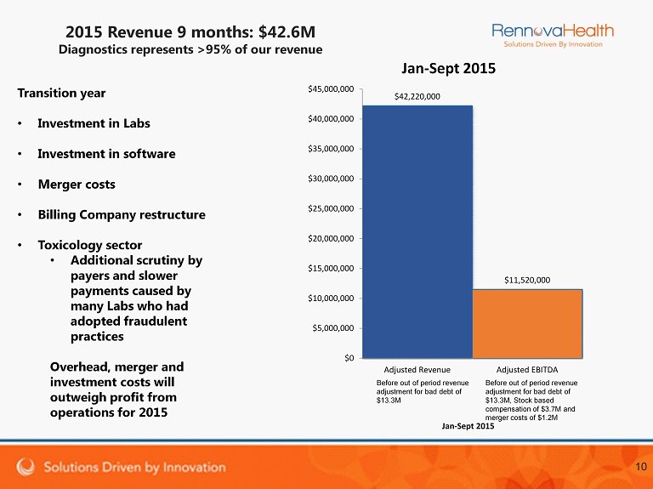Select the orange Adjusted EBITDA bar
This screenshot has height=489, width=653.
click(527, 323)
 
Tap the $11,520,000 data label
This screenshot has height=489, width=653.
click(527, 279)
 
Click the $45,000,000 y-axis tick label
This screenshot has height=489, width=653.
click(331, 88)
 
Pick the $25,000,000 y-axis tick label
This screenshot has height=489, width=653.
click(331, 208)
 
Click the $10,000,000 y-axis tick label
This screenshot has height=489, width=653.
click(331, 298)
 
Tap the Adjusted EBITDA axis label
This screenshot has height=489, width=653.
click(527, 371)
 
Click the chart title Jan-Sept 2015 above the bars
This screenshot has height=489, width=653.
click(448, 67)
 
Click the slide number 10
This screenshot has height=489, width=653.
click(640, 467)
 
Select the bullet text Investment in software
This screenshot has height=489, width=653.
click(106, 154)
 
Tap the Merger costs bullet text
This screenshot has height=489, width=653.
click(77, 185)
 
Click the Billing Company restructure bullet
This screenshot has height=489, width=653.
click(122, 214)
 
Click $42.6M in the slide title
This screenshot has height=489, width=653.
click(287, 31)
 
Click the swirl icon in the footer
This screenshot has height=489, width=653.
click(26, 467)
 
